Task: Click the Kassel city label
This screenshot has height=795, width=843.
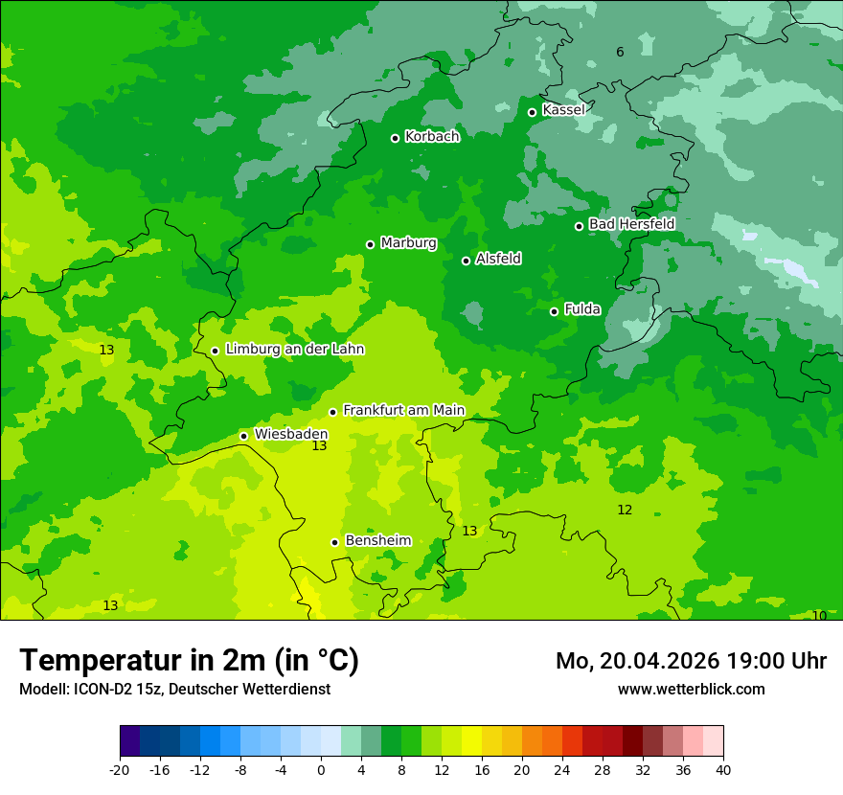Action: point(563,110)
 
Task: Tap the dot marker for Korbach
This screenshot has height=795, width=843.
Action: point(395,138)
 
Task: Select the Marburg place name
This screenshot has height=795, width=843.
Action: point(408,243)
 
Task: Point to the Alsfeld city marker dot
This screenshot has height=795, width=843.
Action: point(466,261)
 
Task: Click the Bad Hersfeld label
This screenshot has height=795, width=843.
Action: point(631,224)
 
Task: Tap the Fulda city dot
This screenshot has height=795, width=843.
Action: point(554,311)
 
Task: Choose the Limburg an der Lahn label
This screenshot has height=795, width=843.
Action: point(294,350)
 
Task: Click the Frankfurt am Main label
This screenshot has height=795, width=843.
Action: point(403,411)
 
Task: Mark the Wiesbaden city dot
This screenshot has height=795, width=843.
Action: point(243,436)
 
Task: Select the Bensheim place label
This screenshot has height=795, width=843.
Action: point(377,541)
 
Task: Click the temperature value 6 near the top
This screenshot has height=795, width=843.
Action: point(620,52)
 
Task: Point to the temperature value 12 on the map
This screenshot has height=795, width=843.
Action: point(625,511)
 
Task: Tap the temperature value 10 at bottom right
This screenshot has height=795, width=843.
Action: point(819,616)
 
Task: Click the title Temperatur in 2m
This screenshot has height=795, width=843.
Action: point(189,660)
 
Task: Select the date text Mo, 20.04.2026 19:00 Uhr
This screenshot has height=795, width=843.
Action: point(691,661)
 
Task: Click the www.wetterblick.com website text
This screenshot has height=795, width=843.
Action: point(691,689)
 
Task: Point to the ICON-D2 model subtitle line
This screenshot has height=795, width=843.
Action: point(174,689)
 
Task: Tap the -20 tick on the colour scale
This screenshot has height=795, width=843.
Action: point(120,770)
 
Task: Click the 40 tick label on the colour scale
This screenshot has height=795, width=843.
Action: point(723,770)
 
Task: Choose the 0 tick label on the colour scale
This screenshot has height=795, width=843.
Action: point(321,770)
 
